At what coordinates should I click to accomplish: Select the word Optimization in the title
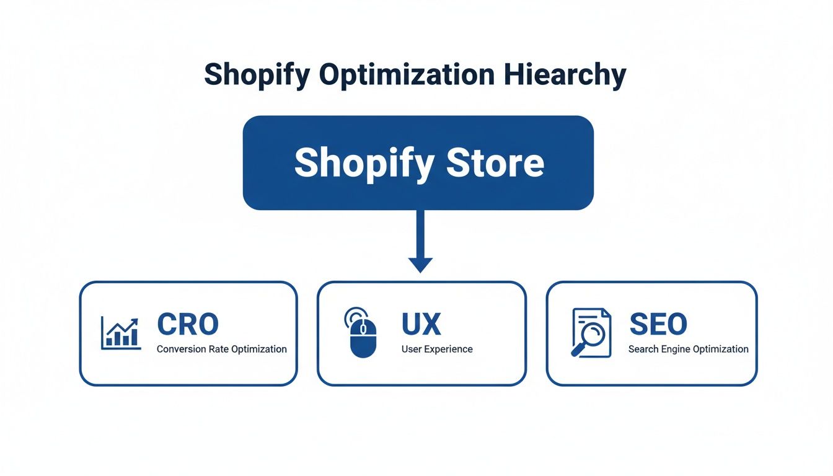click(407, 76)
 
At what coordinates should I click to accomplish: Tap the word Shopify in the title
click(256, 76)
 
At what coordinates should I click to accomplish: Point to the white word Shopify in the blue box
click(364, 164)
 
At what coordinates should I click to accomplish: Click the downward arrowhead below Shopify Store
click(420, 264)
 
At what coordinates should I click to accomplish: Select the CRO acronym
click(188, 324)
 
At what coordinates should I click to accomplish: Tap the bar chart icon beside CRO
click(120, 333)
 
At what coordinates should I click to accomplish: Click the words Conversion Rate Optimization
click(221, 349)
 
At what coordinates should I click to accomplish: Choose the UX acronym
click(421, 324)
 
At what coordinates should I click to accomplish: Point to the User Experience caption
click(436, 349)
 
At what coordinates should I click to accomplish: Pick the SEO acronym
click(658, 324)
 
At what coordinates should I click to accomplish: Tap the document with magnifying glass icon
click(591, 333)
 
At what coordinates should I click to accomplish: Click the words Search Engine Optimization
click(688, 349)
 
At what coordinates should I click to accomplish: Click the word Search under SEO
click(643, 349)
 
